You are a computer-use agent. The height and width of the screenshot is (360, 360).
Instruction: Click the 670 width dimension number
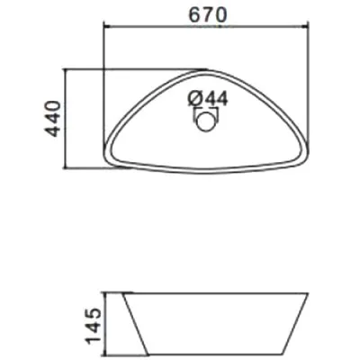pos(207,14)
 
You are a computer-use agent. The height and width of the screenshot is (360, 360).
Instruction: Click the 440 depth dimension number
pos(53,119)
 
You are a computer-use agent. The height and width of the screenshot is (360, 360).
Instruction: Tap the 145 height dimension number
pos(93,326)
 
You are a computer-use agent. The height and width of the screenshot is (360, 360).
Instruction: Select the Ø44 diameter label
pos(208,99)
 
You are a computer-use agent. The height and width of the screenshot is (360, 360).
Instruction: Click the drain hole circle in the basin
pos(205,121)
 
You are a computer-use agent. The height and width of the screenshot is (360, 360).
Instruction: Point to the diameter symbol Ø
pos(194,99)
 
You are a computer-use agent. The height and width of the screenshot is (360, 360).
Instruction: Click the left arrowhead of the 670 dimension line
pos(106,27)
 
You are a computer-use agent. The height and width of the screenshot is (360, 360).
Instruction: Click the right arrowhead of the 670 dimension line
pos(305,27)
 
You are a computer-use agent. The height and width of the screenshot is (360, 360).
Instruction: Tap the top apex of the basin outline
pos(205,69)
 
